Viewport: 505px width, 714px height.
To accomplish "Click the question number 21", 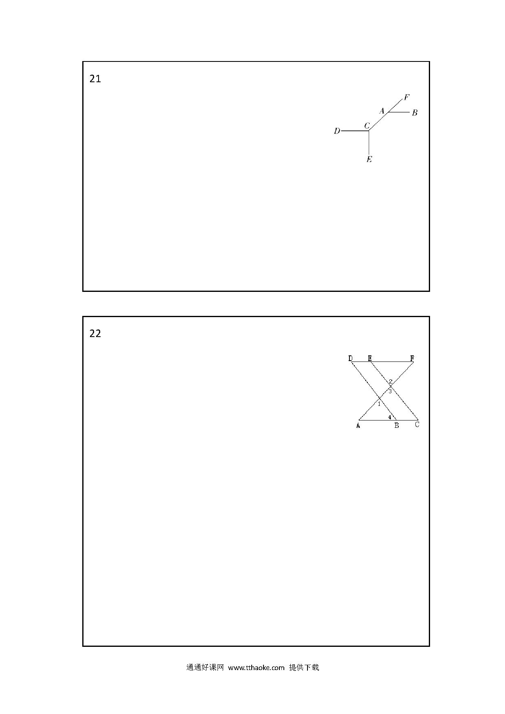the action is click(95, 79).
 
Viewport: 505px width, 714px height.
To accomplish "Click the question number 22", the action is click(95, 334).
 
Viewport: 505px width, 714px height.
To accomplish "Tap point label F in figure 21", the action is click(406, 97).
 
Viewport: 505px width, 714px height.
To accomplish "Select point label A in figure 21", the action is click(382, 111).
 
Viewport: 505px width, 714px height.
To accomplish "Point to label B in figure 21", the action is click(415, 113).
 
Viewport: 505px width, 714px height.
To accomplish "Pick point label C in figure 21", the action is click(367, 126).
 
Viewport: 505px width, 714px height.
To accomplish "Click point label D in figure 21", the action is click(337, 131).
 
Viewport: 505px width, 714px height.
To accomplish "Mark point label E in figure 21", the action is click(369, 159).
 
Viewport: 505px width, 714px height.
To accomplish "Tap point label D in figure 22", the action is click(351, 358).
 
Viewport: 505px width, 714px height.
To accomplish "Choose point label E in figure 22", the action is click(370, 358).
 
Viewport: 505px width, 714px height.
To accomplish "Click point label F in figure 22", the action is click(412, 358).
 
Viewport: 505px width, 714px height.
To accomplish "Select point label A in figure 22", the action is click(358, 426).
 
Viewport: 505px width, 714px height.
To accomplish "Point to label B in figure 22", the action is click(396, 426).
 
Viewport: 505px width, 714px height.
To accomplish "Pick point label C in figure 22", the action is click(417, 425).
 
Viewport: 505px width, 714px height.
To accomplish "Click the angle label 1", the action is click(379, 404).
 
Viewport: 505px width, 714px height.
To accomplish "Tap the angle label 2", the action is click(391, 381).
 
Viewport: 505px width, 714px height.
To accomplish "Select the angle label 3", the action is click(390, 392).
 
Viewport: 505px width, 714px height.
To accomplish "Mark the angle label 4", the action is click(390, 417).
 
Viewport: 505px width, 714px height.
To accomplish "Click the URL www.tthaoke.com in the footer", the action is click(256, 668).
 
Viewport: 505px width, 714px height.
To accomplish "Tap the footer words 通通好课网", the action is click(205, 668).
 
